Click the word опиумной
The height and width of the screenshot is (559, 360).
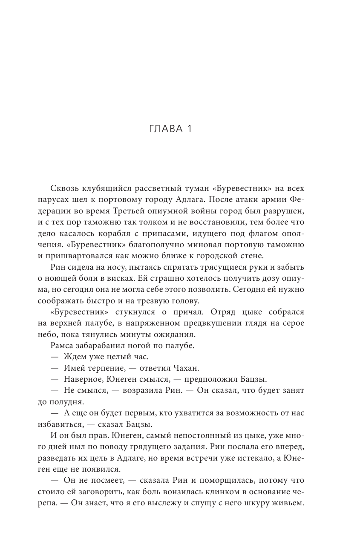click(x=166, y=211)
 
